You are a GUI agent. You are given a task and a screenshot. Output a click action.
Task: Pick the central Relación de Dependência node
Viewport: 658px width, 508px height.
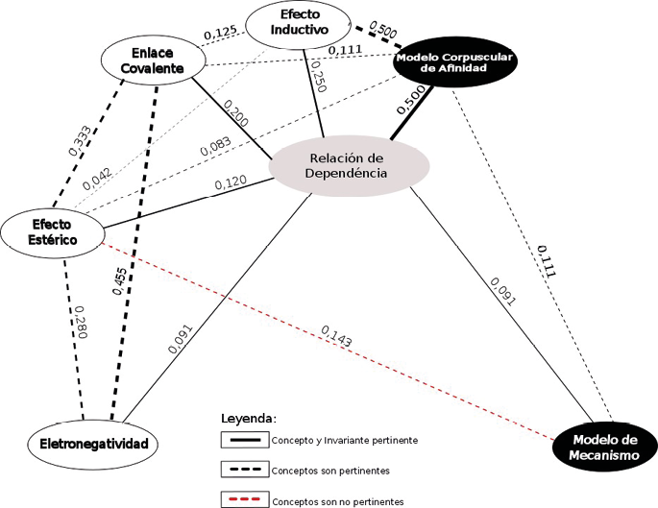click(x=345, y=165)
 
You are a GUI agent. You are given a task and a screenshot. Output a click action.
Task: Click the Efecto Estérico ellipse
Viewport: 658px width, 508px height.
click(x=52, y=229)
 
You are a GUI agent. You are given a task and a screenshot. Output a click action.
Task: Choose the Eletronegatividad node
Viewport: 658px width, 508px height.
click(x=92, y=444)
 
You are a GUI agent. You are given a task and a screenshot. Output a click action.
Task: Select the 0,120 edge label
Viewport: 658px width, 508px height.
click(x=231, y=181)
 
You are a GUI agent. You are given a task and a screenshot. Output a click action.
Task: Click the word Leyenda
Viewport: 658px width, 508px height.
click(x=249, y=419)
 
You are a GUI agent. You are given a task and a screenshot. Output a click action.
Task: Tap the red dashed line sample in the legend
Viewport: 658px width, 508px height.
click(x=244, y=499)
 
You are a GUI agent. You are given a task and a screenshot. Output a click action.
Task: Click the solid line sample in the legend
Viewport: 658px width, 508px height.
click(x=244, y=441)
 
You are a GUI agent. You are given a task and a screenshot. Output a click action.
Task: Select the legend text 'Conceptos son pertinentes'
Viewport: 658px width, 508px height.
click(x=333, y=471)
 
